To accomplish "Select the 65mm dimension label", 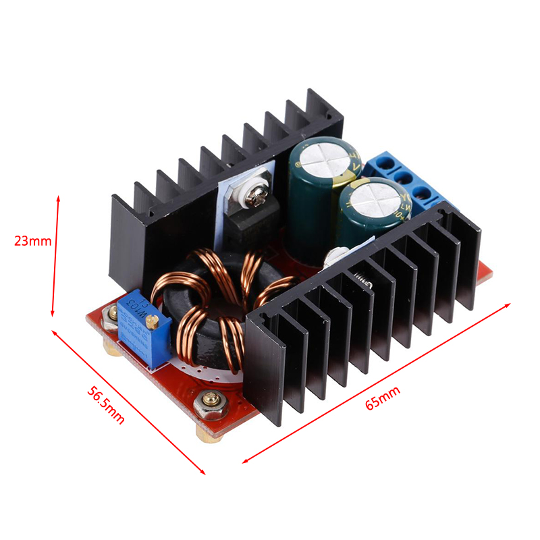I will click(383, 397).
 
